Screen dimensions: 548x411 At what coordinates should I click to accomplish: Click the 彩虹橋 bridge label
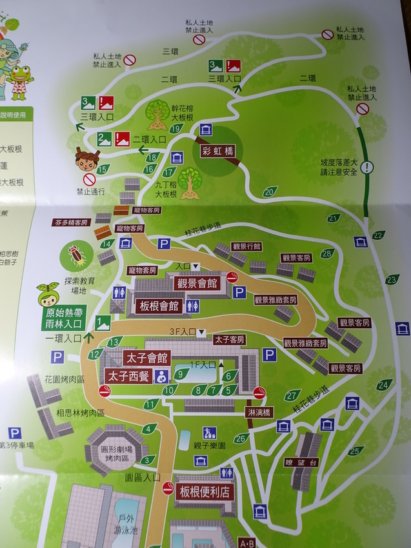[x=216, y=152]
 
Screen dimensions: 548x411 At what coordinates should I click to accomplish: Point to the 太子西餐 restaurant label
[x=127, y=375]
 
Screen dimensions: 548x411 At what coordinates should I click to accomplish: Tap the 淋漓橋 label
[x=259, y=412]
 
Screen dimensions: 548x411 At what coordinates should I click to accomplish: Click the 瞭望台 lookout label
[x=301, y=462]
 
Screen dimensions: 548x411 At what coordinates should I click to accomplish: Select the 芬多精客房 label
[x=71, y=222]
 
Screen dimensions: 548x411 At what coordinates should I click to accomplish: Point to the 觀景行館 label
[x=246, y=246]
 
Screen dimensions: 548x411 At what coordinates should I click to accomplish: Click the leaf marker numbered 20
[x=270, y=191]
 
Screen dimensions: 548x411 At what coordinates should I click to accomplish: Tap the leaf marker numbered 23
[x=392, y=279]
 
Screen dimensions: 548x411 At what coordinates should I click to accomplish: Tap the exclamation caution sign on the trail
[x=367, y=168]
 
